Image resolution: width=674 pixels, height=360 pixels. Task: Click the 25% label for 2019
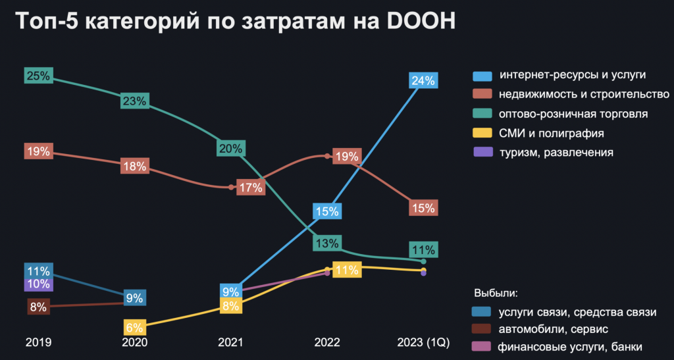click(x=38, y=76)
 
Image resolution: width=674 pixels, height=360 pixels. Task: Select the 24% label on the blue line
click(x=423, y=81)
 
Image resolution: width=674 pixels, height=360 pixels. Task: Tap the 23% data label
click(x=134, y=101)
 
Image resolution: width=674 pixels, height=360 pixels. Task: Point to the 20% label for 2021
click(x=231, y=148)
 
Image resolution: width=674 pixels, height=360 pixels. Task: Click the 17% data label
click(x=251, y=187)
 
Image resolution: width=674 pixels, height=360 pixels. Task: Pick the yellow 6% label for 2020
click(x=134, y=326)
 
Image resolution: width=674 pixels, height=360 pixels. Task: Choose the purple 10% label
click(x=38, y=284)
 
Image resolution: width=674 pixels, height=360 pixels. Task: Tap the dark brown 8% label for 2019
click(x=38, y=306)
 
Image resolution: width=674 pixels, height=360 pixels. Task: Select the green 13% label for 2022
click(x=326, y=243)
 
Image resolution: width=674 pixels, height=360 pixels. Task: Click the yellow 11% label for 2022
click(x=346, y=269)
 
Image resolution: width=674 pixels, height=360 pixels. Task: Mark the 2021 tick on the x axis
click(x=231, y=342)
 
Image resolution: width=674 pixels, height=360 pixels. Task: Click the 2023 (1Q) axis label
click(x=423, y=342)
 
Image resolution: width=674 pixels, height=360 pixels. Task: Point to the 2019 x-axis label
click(x=38, y=342)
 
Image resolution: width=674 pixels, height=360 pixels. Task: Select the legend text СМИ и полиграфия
click(x=552, y=133)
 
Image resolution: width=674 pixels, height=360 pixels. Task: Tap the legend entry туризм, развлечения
click(x=556, y=152)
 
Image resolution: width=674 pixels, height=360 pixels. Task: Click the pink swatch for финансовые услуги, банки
click(x=482, y=346)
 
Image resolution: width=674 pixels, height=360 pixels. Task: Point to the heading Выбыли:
click(x=496, y=292)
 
